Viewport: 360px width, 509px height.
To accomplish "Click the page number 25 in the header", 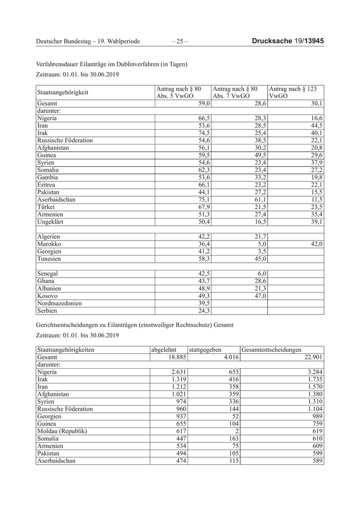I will tap(179, 41).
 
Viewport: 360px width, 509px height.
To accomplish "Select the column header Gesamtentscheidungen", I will tap(271, 350).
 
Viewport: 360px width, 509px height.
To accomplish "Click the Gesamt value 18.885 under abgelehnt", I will tap(174, 357).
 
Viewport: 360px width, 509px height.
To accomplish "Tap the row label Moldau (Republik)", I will tap(62, 431).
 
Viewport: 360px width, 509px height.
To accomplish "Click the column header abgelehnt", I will tap(164, 350).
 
